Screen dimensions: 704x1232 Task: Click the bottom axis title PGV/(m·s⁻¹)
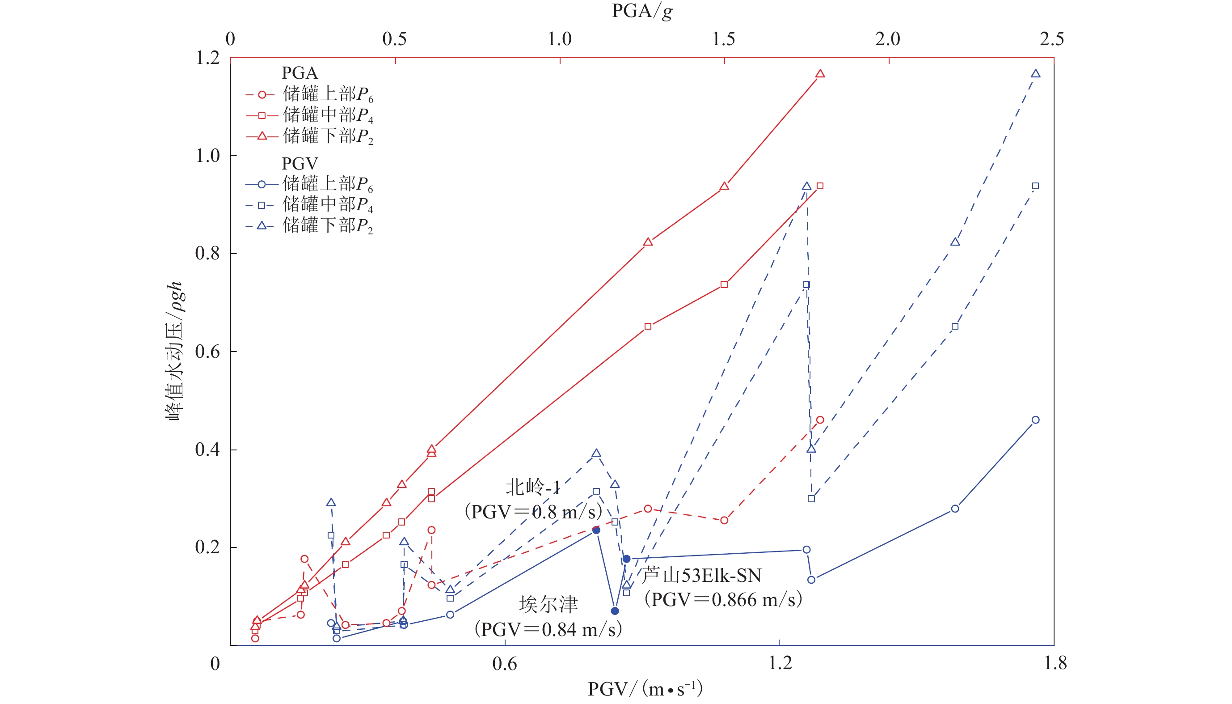point(645,688)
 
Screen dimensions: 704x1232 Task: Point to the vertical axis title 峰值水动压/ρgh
point(174,351)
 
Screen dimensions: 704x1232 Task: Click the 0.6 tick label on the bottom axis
point(504,663)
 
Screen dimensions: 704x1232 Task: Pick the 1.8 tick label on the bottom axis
point(1055,663)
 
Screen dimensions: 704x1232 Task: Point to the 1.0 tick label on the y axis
point(207,156)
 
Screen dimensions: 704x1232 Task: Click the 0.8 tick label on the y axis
point(207,254)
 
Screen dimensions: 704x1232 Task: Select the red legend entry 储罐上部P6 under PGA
point(328,95)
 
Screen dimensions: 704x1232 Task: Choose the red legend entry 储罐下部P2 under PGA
point(328,136)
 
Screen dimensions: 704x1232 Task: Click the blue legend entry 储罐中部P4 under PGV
point(328,205)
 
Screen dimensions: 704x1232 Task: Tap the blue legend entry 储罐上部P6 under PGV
point(328,184)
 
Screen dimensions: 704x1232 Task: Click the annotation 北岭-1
point(532,488)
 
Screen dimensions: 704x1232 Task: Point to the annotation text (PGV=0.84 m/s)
point(548,630)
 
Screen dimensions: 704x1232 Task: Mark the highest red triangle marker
point(820,74)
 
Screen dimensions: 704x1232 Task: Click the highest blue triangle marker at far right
point(1035,74)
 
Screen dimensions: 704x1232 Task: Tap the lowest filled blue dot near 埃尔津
point(615,611)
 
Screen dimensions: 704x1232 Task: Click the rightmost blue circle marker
point(1035,420)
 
